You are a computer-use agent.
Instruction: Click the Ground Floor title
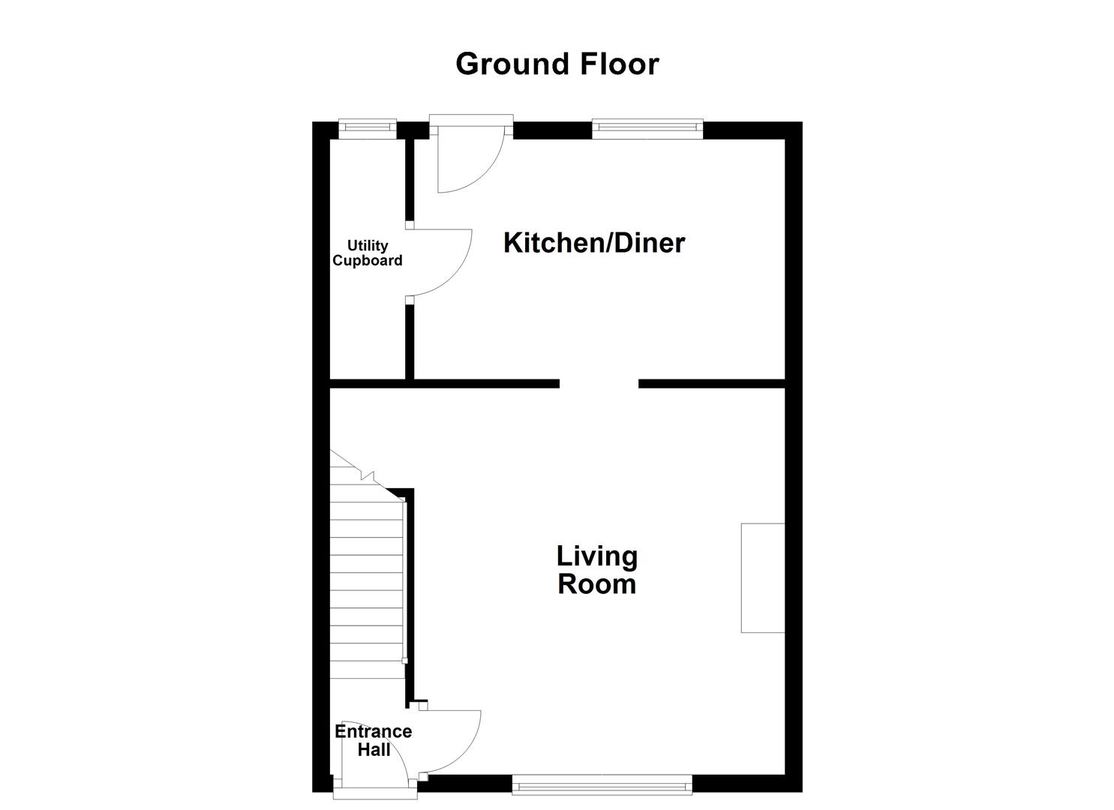point(557,64)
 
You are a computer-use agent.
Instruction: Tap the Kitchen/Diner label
point(593,243)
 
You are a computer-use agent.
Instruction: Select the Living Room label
point(596,570)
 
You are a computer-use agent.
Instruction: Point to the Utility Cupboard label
point(368,253)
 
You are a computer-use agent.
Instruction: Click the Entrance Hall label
point(373,740)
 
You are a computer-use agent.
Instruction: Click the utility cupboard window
point(367,129)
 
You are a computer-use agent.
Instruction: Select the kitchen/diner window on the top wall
point(647,129)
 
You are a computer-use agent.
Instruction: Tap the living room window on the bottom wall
point(602,786)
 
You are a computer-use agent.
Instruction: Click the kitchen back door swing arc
point(468,162)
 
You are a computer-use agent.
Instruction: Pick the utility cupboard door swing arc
point(443,262)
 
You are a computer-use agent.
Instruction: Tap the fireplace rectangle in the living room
point(762,577)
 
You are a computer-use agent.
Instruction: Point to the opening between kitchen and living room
point(599,384)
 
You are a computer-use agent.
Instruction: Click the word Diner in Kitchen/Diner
point(650,243)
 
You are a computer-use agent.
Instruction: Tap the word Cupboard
point(368,261)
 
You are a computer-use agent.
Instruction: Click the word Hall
point(373,749)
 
